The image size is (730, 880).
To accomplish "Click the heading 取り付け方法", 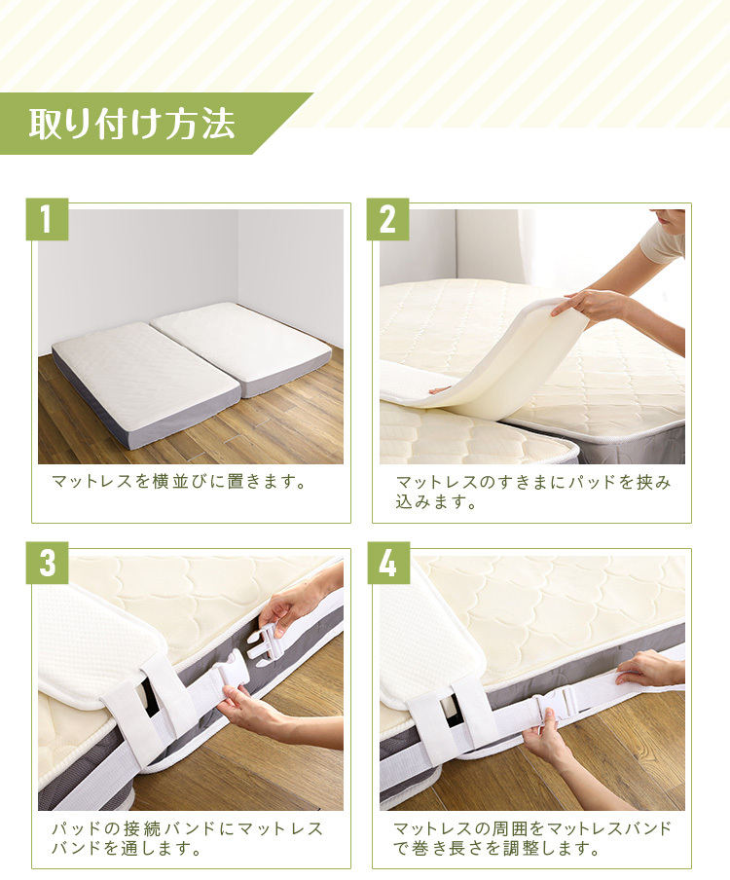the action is pos(131,124).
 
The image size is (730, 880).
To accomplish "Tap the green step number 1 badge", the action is pos(47,219).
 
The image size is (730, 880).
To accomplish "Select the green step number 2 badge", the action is pos(387,219).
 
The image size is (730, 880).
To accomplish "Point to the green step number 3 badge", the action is pos(47,563).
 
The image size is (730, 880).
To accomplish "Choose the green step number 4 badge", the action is pos(388,563).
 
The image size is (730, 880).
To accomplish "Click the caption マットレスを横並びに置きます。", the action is pos(179,482).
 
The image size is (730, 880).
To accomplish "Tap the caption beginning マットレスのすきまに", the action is pos(533,492).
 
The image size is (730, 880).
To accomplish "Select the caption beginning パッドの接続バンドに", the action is pos(188,838).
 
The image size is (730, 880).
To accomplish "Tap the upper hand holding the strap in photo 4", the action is pos(651,668).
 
